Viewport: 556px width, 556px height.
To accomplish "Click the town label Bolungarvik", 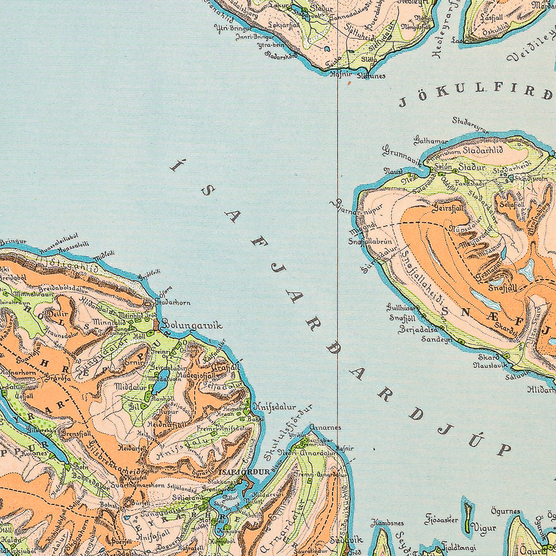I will [x=192, y=325].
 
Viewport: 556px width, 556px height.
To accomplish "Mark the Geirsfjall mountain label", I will [x=448, y=207].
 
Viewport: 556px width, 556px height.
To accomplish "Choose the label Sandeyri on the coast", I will [x=436, y=339].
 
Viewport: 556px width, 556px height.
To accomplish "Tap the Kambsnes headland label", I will [x=387, y=523].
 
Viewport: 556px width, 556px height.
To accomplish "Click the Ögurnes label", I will [x=505, y=511].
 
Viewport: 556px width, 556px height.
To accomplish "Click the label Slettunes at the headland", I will [x=371, y=76].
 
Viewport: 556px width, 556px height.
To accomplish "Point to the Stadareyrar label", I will [x=470, y=125].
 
